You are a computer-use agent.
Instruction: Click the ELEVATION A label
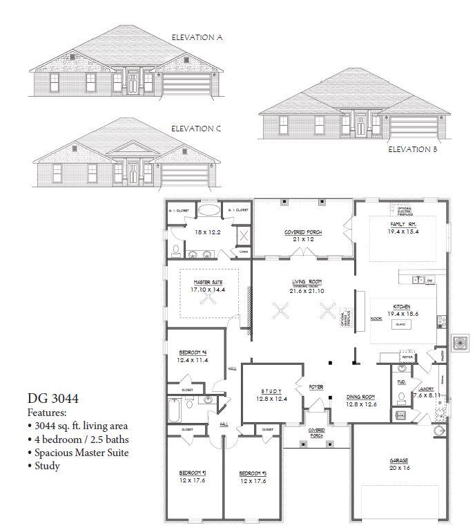(197, 37)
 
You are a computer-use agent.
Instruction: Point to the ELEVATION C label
(196, 129)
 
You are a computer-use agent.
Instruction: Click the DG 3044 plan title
(53, 399)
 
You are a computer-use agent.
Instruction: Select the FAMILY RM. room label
(403, 225)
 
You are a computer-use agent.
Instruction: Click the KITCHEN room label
(403, 306)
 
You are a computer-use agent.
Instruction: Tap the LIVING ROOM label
(304, 282)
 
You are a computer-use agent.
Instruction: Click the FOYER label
(316, 387)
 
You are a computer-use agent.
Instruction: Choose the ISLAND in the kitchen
(400, 323)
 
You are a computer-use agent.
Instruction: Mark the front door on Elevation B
(360, 125)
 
